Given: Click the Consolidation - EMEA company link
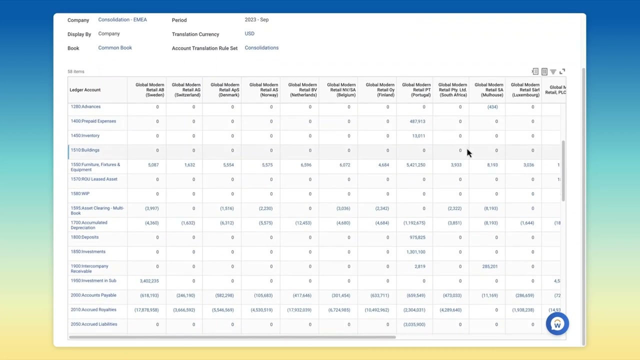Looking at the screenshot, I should coord(122,19).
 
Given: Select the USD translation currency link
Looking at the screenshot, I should coord(249,33).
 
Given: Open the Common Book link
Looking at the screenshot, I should coord(115,47).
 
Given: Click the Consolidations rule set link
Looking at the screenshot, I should coord(261,47).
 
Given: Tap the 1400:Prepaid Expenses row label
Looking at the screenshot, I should coord(93,121).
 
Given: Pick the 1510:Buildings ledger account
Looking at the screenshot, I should coord(85,150).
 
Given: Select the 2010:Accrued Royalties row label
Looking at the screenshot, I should coord(93,309).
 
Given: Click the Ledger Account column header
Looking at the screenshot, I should coord(85,89).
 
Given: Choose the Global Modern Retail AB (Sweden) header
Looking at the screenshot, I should coord(150,89).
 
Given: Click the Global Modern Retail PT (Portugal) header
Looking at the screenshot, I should coord(416,89).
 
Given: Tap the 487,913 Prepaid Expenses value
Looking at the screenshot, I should coord(417,121).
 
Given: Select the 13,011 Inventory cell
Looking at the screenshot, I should coord(418,135).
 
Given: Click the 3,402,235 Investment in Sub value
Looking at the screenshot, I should coord(149,281).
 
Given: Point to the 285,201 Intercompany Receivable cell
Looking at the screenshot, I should coord(490,266).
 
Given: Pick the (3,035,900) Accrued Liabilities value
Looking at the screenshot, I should coord(414,324).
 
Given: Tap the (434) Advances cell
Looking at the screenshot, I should coord(492,106).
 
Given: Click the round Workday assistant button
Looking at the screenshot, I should coord(557,324).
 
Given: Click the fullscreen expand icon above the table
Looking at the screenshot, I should coord(562,71).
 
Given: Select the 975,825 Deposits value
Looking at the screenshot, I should coord(417,237).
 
